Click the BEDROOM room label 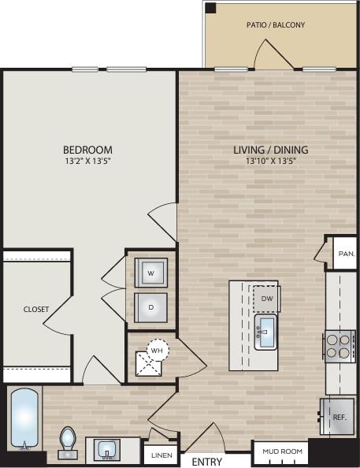(x=87, y=150)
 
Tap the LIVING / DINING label (x=270, y=150)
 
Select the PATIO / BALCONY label (x=276, y=25)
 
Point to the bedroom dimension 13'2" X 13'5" (x=87, y=162)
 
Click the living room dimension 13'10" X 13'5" (x=270, y=162)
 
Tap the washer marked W (x=150, y=272)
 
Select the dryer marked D (x=150, y=307)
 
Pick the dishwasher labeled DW (x=266, y=299)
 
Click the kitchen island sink (x=265, y=330)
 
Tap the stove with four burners (x=340, y=346)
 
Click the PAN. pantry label (x=346, y=254)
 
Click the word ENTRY (x=206, y=462)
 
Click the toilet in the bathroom (x=68, y=441)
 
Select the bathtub (x=24, y=418)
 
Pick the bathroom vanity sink (x=106, y=450)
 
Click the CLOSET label (x=36, y=310)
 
